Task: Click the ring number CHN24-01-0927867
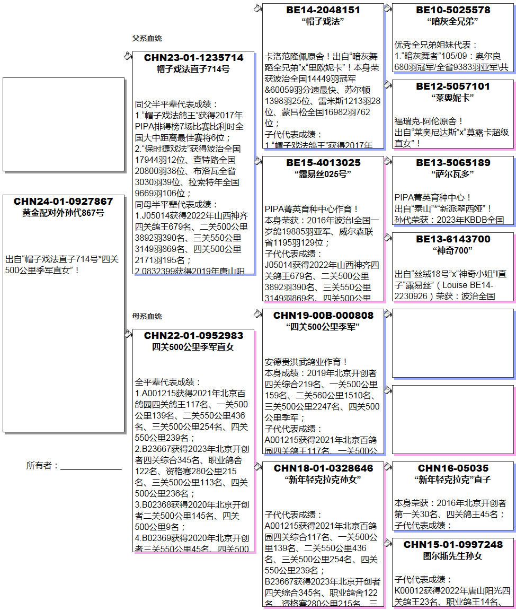pos(63,202)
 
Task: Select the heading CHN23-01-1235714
pos(193,58)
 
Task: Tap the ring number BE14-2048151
pos(323,10)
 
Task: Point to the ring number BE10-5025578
pos(452,10)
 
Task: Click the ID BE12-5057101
pos(452,86)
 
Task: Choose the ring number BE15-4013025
pos(323,163)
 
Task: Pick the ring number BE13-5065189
pos(452,163)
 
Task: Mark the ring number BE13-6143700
pos(452,239)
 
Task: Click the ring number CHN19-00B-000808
pos(323,316)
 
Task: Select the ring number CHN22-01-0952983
pos(193,336)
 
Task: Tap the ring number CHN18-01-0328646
pos(323,468)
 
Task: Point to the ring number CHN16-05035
pos(452,468)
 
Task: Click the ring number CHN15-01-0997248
pos(452,545)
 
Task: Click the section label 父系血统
pos(147,39)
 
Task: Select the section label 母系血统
pos(147,317)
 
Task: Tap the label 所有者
pos(42,466)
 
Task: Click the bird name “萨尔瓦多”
pos(452,174)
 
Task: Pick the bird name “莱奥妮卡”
pos(452,98)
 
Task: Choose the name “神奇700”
pos(452,250)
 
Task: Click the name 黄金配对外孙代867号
pos(63,213)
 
